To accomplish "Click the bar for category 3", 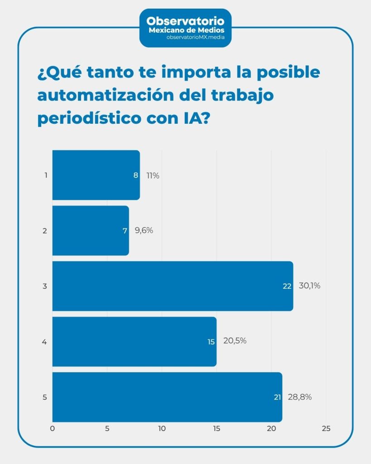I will (x=172, y=286).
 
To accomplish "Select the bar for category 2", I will (x=91, y=230).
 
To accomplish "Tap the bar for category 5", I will (x=167, y=397).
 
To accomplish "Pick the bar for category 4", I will (x=134, y=341).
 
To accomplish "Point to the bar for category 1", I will (x=96, y=175).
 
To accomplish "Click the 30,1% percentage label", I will (x=309, y=286).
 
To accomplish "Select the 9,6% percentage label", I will (x=144, y=230).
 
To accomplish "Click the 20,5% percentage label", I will (x=235, y=341).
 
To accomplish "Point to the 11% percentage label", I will (x=153, y=175).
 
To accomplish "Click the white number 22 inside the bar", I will (x=287, y=286).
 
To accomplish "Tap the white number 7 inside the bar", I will (x=125, y=231).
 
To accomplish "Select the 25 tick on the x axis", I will (x=326, y=429).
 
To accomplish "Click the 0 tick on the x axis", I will (x=53, y=429).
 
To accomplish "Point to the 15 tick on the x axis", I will (x=217, y=429).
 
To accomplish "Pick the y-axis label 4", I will (x=44, y=342).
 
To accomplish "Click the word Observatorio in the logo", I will (x=186, y=21).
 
